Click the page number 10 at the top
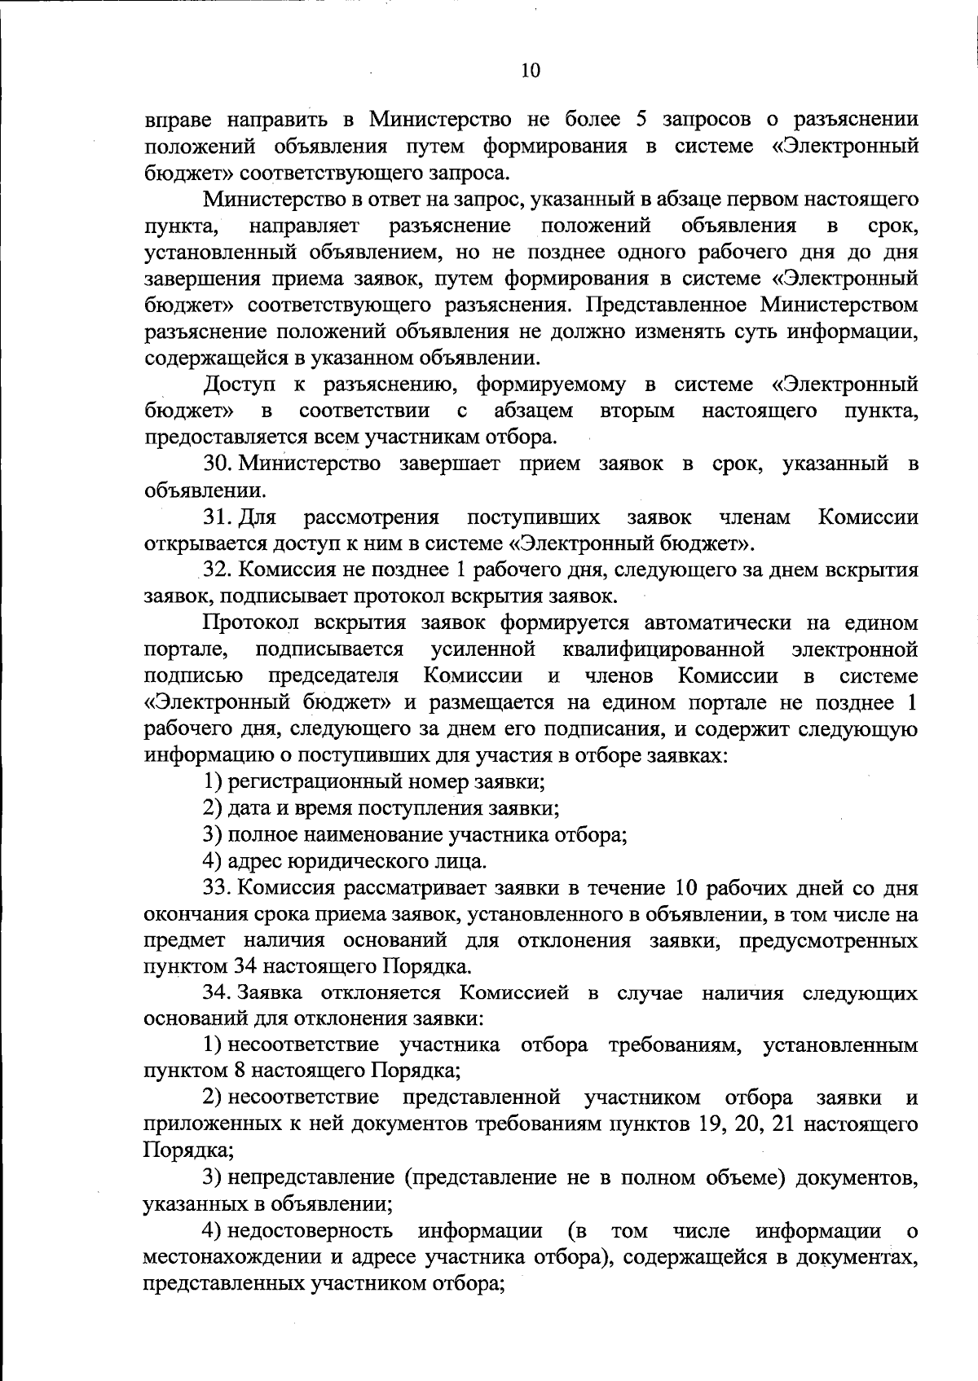(530, 71)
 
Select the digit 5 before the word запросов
(640, 120)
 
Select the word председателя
(333, 676)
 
